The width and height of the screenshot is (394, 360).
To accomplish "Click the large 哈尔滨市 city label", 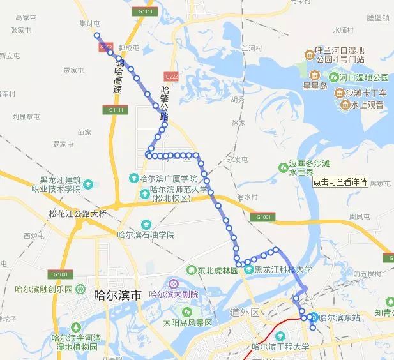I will pos(117,295).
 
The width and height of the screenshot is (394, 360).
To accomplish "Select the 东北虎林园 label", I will pos(216,270).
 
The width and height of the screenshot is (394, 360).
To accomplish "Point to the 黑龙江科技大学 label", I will pos(283,270).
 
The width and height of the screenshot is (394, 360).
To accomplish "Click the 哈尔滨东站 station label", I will pos(339,317).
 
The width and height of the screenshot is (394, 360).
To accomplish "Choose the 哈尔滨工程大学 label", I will pos(280,347).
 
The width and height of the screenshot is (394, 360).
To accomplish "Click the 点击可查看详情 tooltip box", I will pos(340,181).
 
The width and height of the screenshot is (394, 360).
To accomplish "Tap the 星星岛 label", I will pos(315,85).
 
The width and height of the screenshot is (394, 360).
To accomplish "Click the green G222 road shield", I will pos(170,77).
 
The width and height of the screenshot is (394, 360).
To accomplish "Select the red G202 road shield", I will pos(106,48).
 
